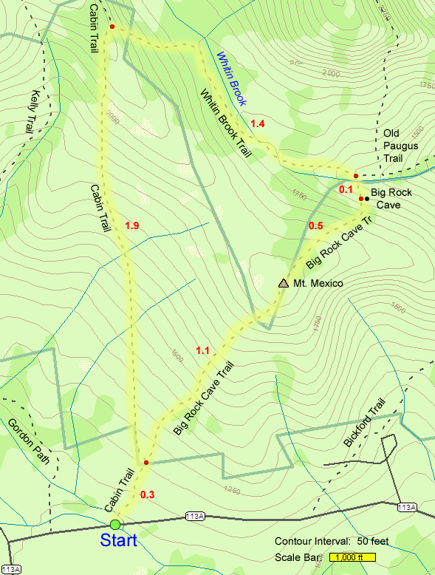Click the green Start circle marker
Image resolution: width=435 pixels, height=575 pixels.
pyautogui.click(x=114, y=524)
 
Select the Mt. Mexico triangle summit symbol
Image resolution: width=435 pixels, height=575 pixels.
pyautogui.click(x=283, y=283)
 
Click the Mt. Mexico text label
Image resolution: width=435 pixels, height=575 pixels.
pyautogui.click(x=318, y=283)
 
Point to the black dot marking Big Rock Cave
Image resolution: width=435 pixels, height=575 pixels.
pyautogui.click(x=367, y=199)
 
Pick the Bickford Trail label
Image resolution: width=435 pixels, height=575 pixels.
pyautogui.click(x=365, y=423)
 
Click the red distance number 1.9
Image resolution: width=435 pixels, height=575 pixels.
pyautogui.click(x=132, y=225)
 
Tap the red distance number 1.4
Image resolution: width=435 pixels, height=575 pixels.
pyautogui.click(x=257, y=123)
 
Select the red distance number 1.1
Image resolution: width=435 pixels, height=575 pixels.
pyautogui.click(x=203, y=350)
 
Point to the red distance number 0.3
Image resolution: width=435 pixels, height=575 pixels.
pyautogui.click(x=148, y=494)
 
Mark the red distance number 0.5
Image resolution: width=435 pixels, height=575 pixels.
pyautogui.click(x=315, y=225)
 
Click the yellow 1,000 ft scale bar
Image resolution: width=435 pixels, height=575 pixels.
pyautogui.click(x=353, y=557)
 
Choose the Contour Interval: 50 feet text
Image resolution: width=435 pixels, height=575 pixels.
pyautogui.click(x=331, y=541)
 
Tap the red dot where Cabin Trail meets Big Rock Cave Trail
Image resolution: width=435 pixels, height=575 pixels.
pyautogui.click(x=146, y=463)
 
